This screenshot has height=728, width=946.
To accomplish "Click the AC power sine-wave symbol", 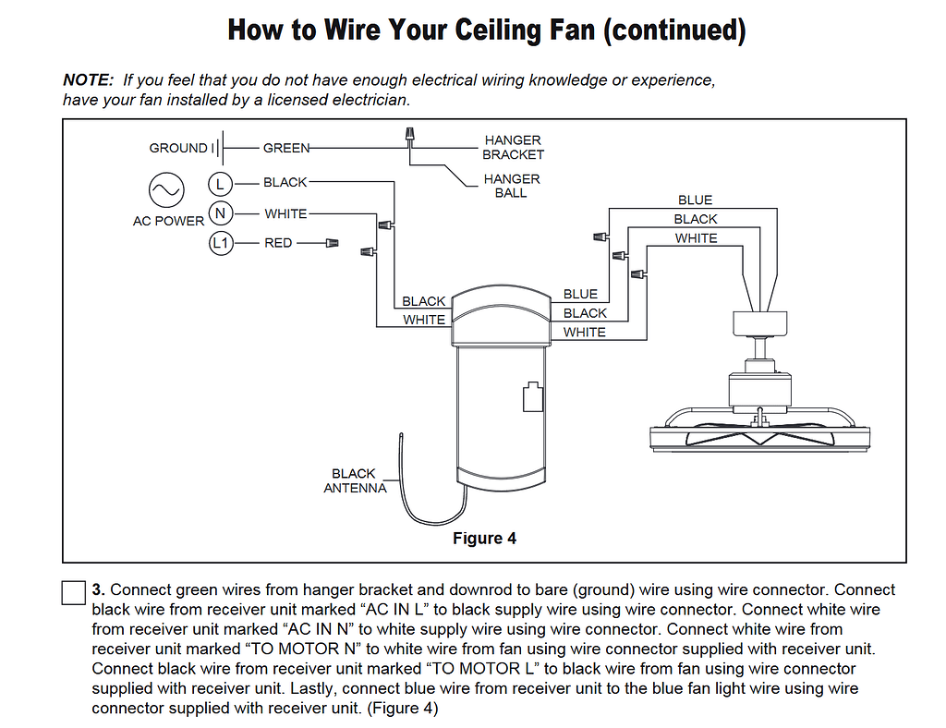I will pos(167,190).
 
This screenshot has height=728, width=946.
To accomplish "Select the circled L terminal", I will pos(220,183).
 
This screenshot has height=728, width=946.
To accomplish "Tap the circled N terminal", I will pos(220,213).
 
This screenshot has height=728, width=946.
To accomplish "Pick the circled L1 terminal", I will pos(220,244).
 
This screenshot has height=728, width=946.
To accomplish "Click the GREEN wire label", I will pos(285,148).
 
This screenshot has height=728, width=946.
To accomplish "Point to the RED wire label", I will pos(278,243).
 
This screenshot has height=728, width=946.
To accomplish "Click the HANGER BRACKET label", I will pos(513,148).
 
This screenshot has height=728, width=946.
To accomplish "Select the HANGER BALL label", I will pos(512,186).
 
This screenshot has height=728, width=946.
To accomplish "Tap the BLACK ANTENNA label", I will pos(355,480).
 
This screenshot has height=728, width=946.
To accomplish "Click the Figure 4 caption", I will pos(484,539).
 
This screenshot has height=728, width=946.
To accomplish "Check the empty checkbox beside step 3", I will pos(74,592).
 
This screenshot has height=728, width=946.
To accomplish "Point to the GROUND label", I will pos(178,148).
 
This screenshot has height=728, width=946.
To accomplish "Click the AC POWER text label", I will pos(168,221).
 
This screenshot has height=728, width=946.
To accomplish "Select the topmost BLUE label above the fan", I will pos(695,200).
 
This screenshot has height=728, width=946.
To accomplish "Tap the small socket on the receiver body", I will pos(531,396).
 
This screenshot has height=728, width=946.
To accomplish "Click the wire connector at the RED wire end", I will pos(331,243).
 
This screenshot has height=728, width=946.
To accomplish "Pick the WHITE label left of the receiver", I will pos(424,320).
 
